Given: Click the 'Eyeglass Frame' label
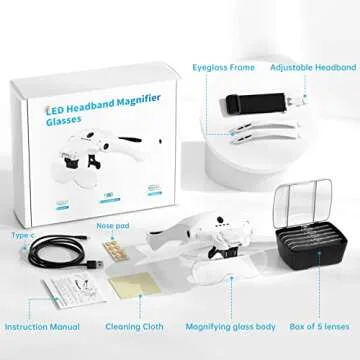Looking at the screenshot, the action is coord(224,67).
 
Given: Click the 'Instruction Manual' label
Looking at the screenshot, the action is coord(42,326).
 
